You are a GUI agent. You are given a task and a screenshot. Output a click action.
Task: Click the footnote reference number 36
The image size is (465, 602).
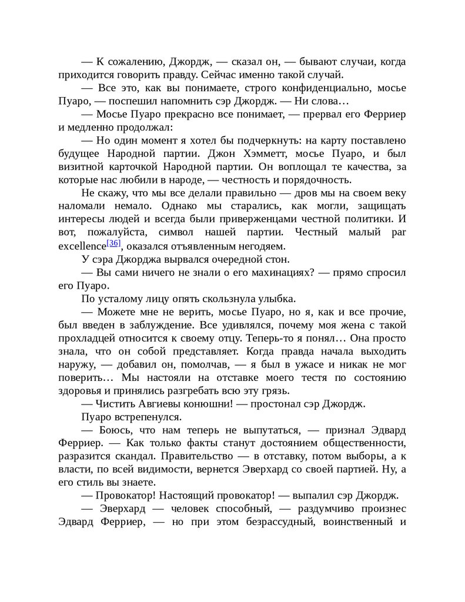113,243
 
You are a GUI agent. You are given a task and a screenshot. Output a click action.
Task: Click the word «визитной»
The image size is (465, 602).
80,167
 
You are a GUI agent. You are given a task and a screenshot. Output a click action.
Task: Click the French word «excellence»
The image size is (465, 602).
82,246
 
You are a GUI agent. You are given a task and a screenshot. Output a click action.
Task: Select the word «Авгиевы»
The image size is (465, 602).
153,404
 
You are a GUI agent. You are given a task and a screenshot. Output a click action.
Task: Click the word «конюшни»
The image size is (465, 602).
201,404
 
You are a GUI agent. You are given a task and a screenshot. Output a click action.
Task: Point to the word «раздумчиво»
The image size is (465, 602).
326,509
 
